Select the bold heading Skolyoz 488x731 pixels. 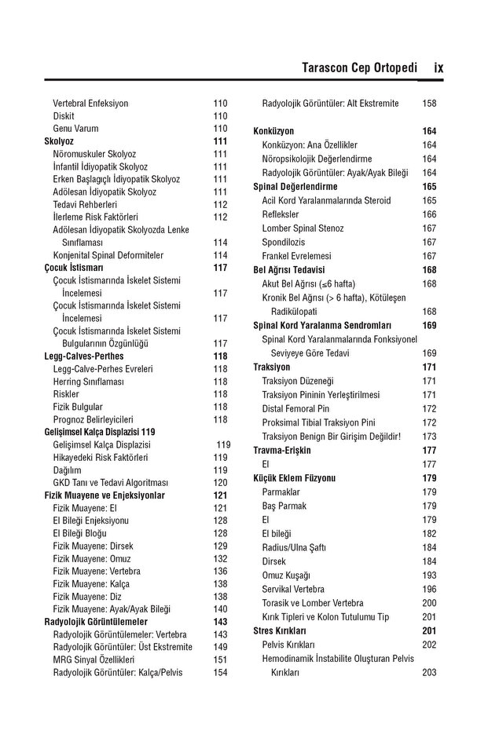click(x=59, y=141)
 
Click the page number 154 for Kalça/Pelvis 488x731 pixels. click(x=220, y=672)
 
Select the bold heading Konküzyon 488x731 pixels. click(x=273, y=132)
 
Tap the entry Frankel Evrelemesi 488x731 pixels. click(x=296, y=256)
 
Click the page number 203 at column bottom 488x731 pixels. click(x=429, y=673)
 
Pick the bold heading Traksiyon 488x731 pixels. click(x=272, y=367)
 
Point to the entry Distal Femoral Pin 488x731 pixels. click(x=295, y=409)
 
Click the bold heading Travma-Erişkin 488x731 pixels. click(x=282, y=451)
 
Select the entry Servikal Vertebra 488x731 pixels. click(x=293, y=589)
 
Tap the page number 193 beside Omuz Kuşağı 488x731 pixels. click(x=429, y=576)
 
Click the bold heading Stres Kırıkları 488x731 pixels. click(x=279, y=630)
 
